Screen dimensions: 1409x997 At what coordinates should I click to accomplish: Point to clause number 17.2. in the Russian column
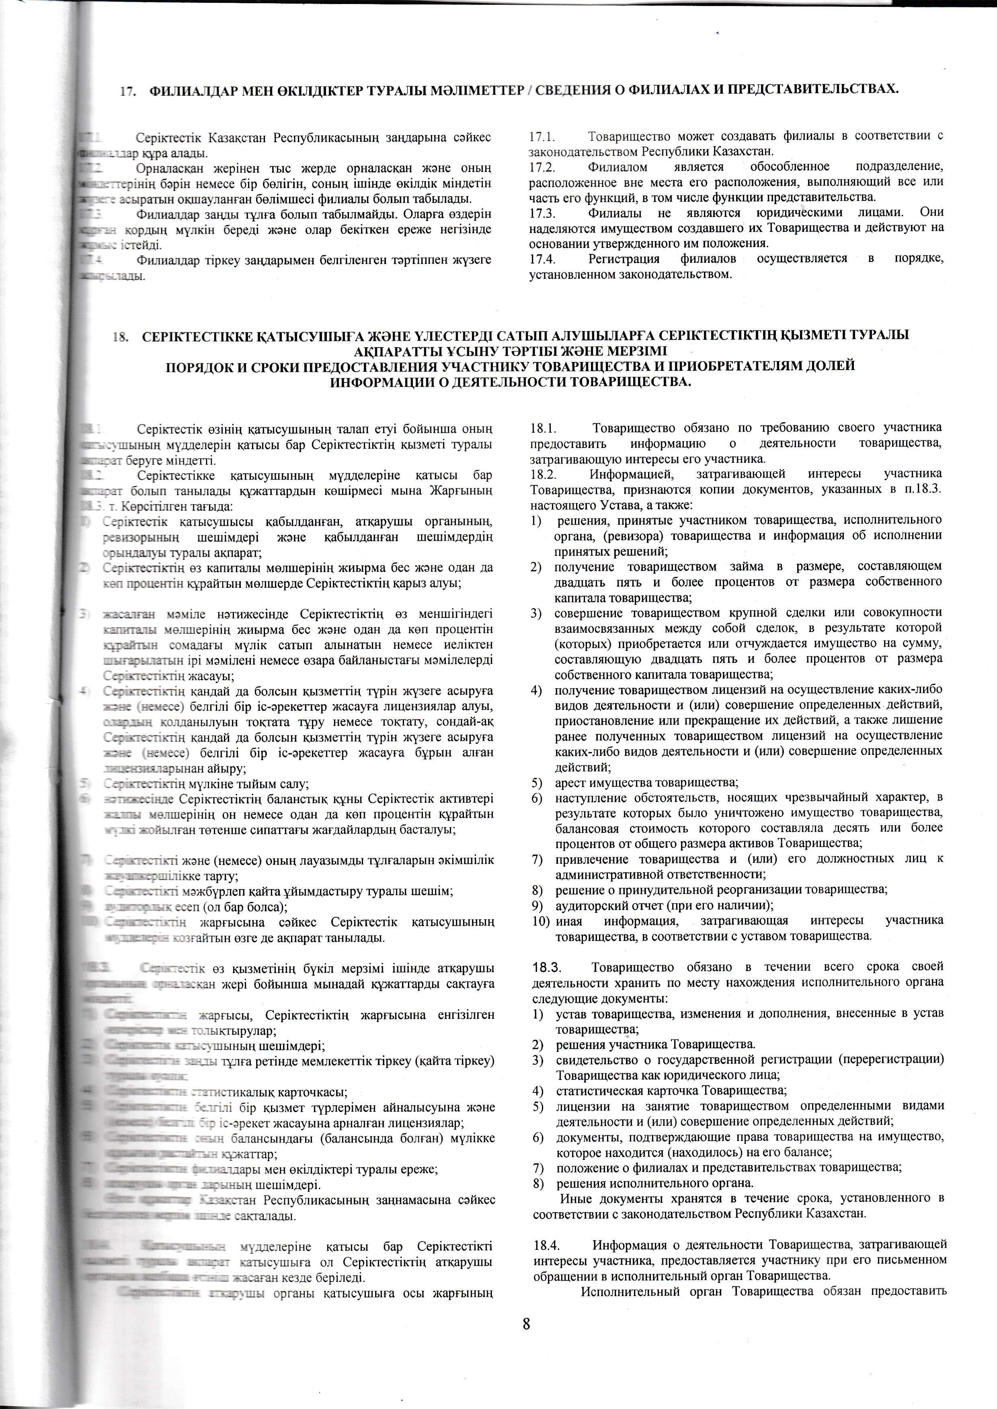click(542, 167)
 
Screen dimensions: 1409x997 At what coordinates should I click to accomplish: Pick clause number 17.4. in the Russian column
click(542, 259)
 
